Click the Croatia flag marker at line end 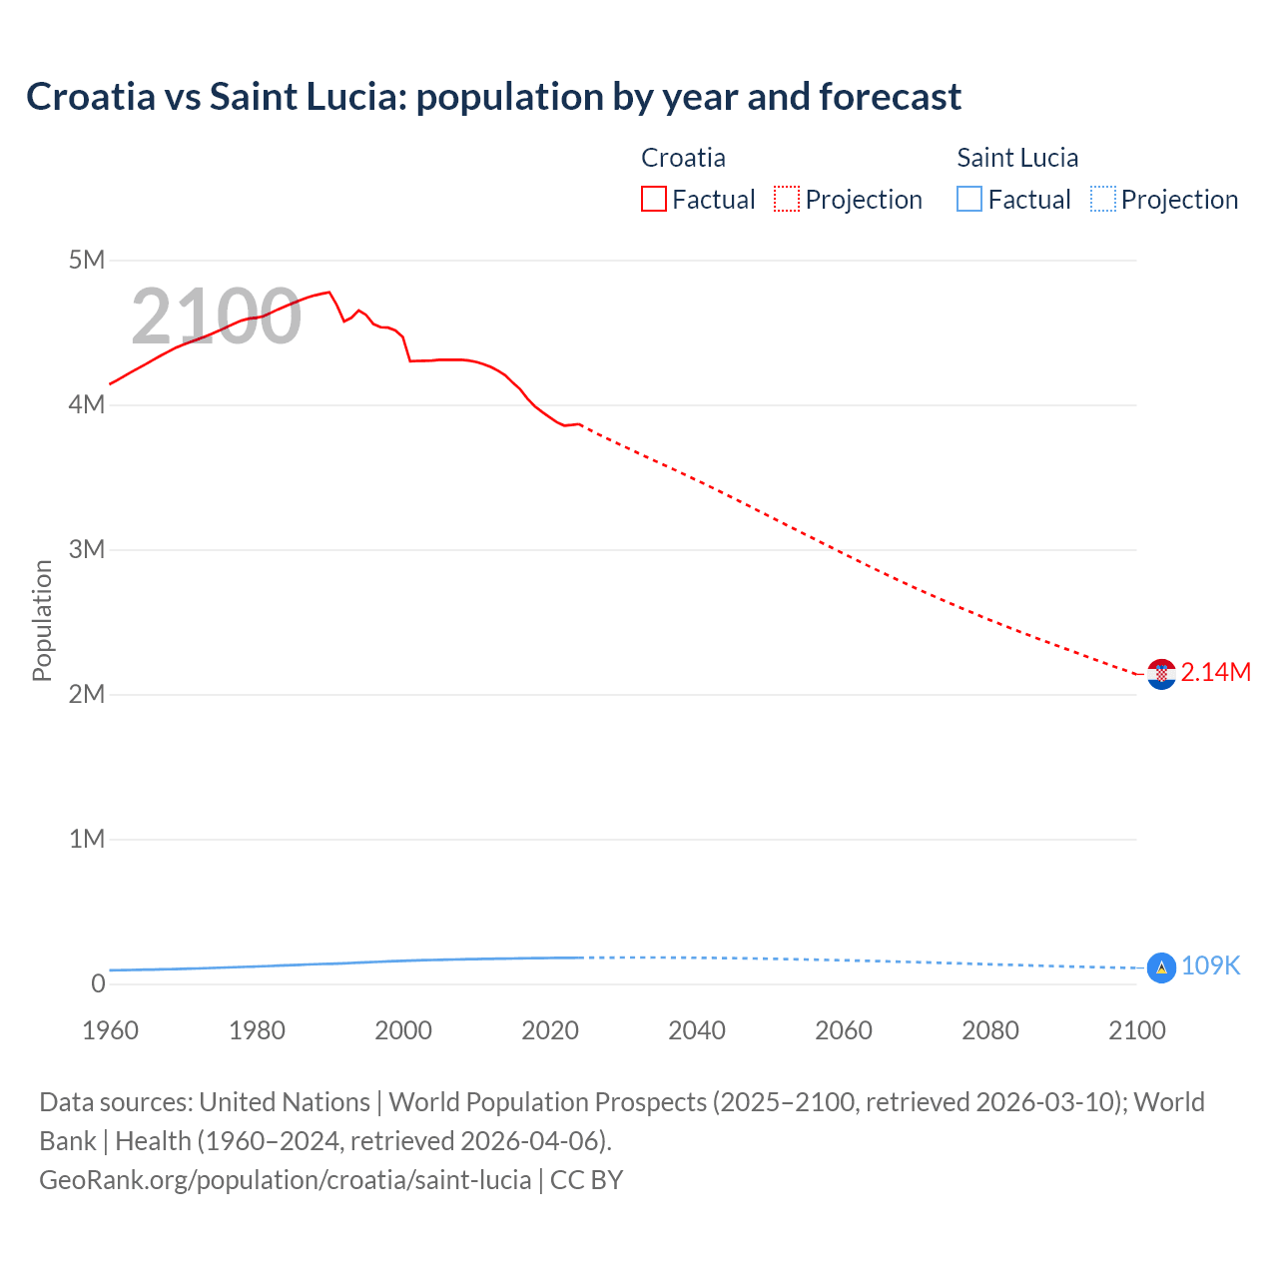click(1161, 674)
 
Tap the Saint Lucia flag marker click(1161, 967)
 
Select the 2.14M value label click(1215, 673)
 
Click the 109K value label click(1210, 966)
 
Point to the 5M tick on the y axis click(87, 261)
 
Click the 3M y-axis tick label click(87, 550)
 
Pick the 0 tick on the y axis click(98, 984)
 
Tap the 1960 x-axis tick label click(110, 1031)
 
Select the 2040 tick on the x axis click(697, 1031)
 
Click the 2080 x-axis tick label click(990, 1031)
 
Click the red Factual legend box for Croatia click(654, 200)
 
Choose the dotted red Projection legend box click(787, 200)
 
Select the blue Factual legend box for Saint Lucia click(969, 200)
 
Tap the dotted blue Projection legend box click(1102, 200)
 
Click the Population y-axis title click(42, 620)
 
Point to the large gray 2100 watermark click(216, 317)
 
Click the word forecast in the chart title click(890, 97)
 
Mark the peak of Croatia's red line click(328, 293)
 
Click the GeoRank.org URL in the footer click(286, 1180)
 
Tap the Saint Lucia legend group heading click(1017, 158)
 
